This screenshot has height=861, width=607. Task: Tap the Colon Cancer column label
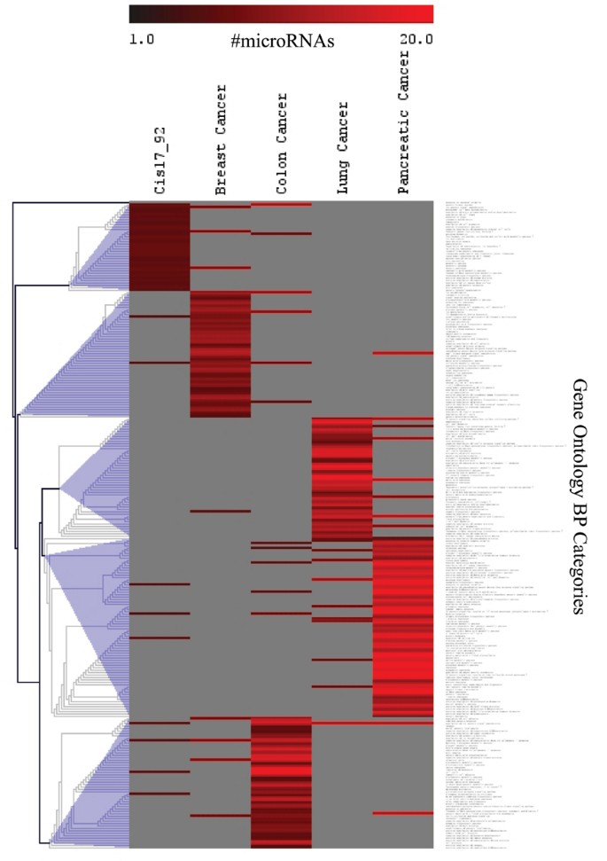point(283,145)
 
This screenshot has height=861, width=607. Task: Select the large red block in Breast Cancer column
point(222,355)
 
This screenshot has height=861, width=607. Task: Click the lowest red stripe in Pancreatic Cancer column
point(403,813)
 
